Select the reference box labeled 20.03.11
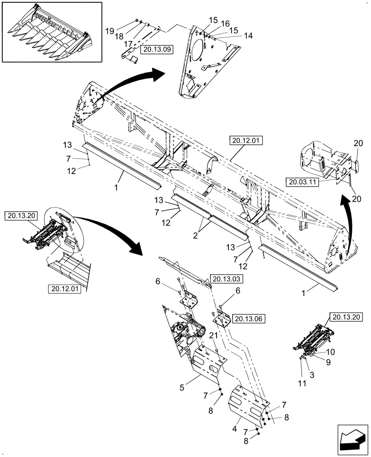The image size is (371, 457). point(302,182)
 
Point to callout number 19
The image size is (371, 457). point(110,31)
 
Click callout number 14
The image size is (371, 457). point(236,35)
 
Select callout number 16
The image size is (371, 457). point(226,23)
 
